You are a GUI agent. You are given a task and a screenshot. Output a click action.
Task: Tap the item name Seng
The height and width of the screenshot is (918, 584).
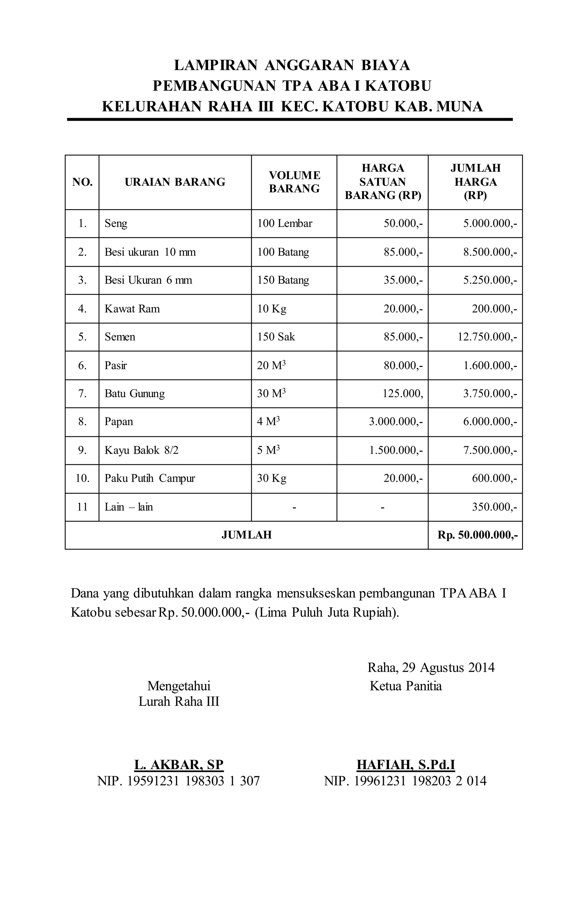116,223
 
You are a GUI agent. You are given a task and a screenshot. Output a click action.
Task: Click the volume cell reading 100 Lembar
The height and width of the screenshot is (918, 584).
285,223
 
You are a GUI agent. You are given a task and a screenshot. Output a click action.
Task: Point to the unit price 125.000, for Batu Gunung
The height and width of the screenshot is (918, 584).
403,394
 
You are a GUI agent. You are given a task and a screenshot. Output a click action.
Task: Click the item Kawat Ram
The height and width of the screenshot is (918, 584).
132,309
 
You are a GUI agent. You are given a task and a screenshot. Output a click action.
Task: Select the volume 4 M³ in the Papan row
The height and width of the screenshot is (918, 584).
268,422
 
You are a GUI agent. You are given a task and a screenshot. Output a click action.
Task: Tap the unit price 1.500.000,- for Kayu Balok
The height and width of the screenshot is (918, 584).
396,450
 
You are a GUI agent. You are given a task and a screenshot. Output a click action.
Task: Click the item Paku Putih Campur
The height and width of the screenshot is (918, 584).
150,479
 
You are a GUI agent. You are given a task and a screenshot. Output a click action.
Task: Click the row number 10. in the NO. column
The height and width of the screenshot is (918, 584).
82,479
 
